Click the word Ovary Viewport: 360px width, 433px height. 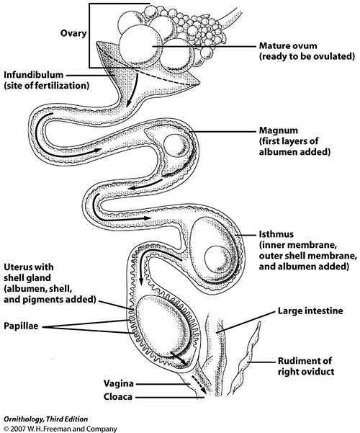[73, 34]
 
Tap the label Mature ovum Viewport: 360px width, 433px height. [288, 46]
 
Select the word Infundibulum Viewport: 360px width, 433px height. [34, 75]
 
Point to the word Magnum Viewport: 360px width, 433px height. [279, 130]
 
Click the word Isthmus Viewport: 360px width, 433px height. [276, 234]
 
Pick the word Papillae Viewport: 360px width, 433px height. [21, 326]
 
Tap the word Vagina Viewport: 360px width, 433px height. [118, 383]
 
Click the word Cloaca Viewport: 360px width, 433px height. [118, 397]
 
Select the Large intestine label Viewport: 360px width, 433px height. [310, 311]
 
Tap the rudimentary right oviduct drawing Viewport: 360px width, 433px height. [246, 359]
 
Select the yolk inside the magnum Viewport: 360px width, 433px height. [176, 146]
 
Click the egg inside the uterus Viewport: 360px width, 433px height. [162, 328]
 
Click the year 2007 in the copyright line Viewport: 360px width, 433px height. [17, 429]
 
